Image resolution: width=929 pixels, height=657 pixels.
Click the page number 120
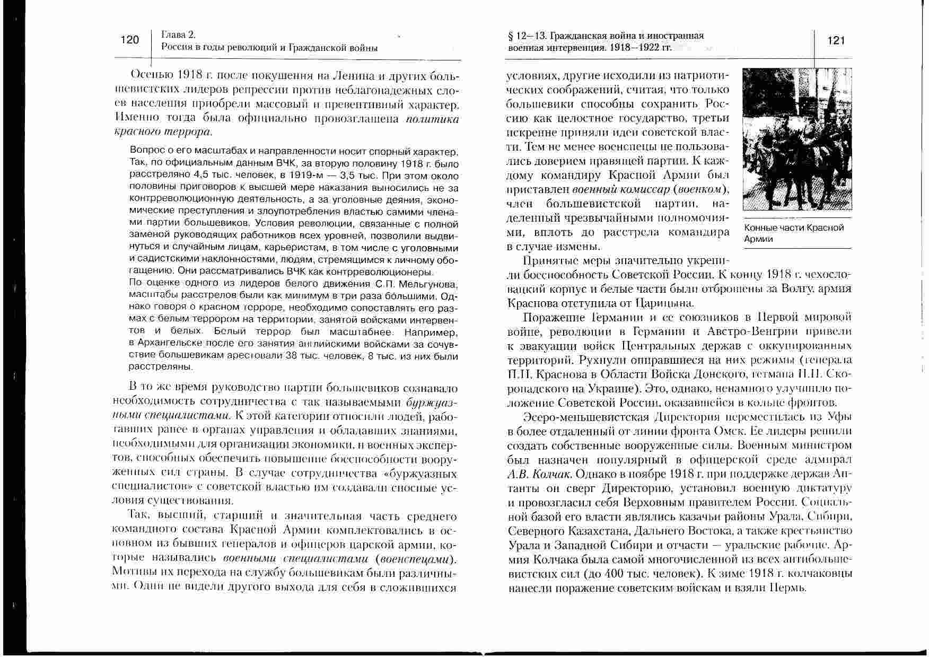pyautogui.click(x=129, y=40)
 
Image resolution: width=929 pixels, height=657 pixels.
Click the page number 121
pyautogui.click(x=836, y=41)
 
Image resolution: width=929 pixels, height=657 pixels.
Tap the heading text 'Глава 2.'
pyautogui.click(x=179, y=35)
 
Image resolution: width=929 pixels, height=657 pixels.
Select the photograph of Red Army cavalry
pyautogui.click(x=797, y=139)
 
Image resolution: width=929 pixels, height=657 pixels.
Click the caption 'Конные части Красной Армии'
pyautogui.click(x=793, y=233)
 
